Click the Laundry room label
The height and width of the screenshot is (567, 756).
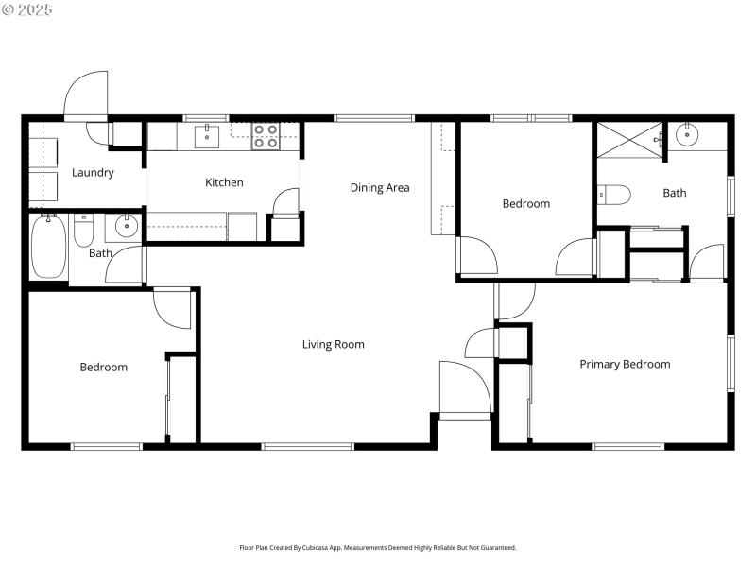[x=93, y=173]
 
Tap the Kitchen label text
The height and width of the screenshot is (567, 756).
[x=224, y=182]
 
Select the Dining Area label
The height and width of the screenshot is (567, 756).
[x=380, y=187]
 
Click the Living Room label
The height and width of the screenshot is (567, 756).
[x=333, y=344]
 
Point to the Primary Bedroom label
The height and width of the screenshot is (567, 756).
[x=625, y=364]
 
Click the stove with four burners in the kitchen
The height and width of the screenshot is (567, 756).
[x=265, y=137]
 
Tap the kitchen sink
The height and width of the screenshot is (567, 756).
[x=208, y=136]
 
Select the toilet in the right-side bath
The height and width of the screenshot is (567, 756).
[x=614, y=195]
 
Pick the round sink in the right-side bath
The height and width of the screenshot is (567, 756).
[x=688, y=134]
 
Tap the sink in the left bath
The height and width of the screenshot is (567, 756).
[x=125, y=226]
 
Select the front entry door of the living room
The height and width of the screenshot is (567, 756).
[x=465, y=387]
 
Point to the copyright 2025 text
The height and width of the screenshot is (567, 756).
[x=27, y=9]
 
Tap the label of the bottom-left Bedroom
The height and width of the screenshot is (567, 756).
[x=103, y=367]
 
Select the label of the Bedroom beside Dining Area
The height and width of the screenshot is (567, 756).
[x=525, y=203]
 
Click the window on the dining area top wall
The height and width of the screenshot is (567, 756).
[x=374, y=118]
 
